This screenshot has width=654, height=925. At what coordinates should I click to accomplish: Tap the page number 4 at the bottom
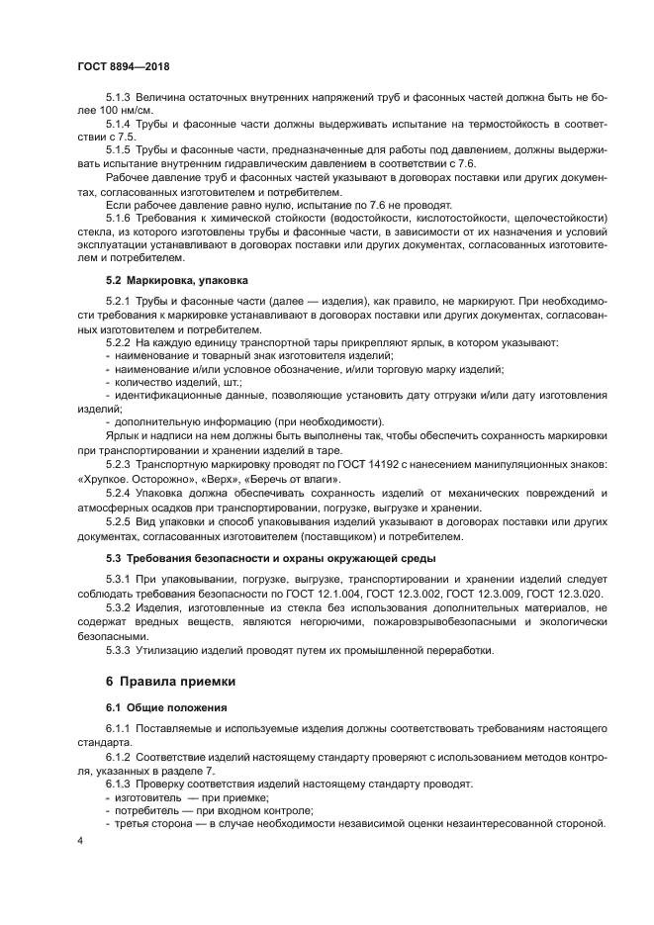79,840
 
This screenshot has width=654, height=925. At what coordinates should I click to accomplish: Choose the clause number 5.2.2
119,342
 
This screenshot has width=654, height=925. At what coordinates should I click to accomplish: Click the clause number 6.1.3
119,783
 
